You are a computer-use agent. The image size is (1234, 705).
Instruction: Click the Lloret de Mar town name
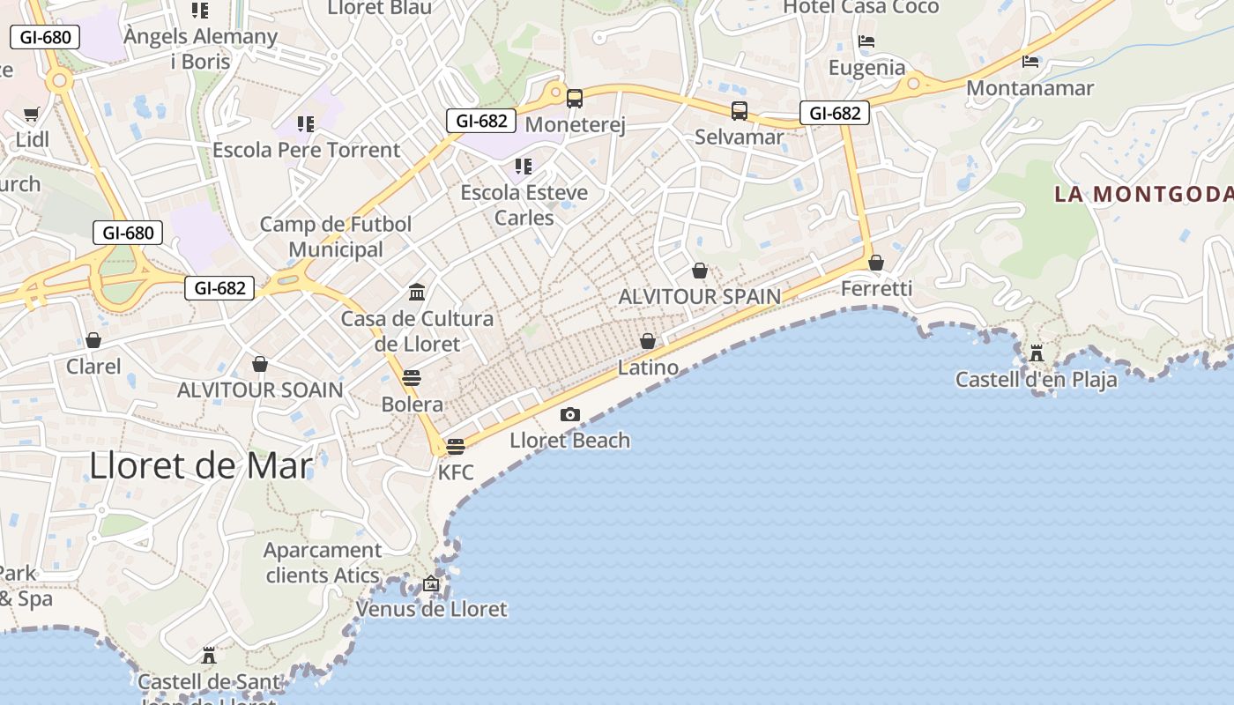200,465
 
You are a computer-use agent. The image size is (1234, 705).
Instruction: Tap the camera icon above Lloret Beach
570,414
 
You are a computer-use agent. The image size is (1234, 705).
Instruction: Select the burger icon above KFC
456,447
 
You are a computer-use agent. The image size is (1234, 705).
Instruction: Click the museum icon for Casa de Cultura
417,292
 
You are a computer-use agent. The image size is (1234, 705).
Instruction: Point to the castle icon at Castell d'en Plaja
1037,353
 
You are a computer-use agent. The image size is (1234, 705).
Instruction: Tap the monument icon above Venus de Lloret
431,583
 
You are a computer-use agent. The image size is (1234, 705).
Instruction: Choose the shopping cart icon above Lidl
32,114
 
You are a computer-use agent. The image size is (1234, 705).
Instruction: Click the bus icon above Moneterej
575,99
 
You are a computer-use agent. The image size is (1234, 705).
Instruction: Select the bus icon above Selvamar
739,111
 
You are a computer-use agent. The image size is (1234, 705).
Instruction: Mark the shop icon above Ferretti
875,263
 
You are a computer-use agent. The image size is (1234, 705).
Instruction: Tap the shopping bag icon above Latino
648,341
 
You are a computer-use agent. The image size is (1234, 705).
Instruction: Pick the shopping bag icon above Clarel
93,340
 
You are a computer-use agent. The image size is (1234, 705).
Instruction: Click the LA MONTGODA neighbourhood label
1143,194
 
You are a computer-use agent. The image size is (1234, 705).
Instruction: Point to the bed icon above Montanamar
1030,62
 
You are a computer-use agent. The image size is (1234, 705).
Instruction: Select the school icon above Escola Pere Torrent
306,124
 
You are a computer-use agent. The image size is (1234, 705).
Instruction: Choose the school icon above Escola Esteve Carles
524,167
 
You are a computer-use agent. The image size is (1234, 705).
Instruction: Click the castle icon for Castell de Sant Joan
209,656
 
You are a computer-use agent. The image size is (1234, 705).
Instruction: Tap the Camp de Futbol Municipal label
336,237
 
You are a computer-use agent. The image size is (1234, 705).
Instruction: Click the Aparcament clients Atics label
323,563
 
